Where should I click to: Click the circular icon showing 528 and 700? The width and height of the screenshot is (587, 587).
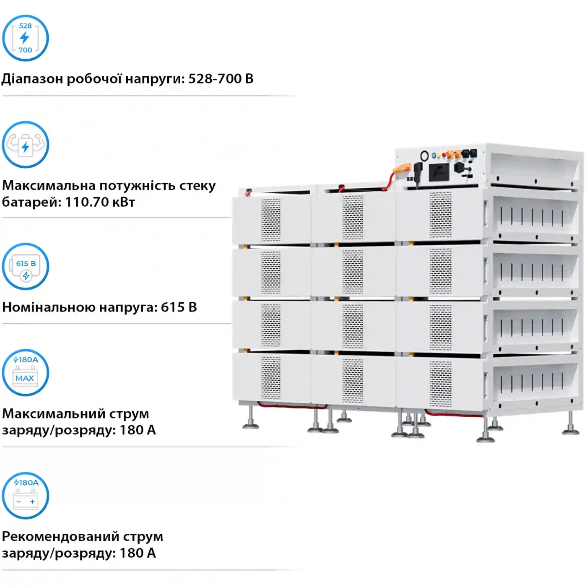26,38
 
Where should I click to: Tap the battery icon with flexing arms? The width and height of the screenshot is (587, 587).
26,145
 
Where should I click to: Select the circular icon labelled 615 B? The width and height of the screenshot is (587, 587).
26,267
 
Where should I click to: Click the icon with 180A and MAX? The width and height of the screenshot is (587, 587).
26,373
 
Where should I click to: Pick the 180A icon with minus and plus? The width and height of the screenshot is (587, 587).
26,496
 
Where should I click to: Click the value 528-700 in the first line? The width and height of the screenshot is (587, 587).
215,79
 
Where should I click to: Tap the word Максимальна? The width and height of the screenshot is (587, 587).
49,185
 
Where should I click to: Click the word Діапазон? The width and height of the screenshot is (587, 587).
32,79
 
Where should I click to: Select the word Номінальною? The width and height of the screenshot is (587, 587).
49,307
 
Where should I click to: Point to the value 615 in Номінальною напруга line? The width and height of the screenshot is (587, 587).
173,307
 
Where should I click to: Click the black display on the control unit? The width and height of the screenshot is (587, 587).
439,172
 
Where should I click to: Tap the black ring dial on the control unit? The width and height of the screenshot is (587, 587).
424,156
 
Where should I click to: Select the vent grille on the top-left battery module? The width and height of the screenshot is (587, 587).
271,220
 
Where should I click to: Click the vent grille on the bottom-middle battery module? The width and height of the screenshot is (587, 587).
353,379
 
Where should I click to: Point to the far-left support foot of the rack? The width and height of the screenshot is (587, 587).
251,419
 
